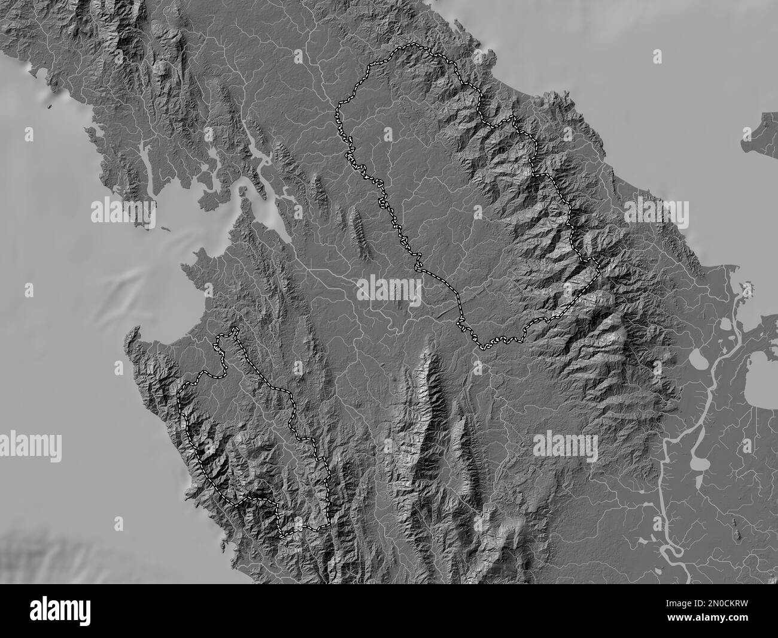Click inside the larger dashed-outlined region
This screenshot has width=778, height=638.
[x=455, y=198]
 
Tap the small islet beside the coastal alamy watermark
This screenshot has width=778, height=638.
[x=165, y=229]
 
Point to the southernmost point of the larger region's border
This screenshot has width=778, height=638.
[x=482, y=348]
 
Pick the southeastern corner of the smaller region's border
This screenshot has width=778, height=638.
[x=329, y=525]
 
